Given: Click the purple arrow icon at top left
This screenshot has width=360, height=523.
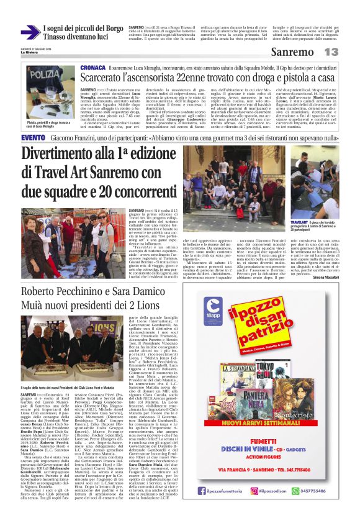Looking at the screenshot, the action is point(29,33).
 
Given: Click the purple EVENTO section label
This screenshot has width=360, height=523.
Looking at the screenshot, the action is point(32,137).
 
